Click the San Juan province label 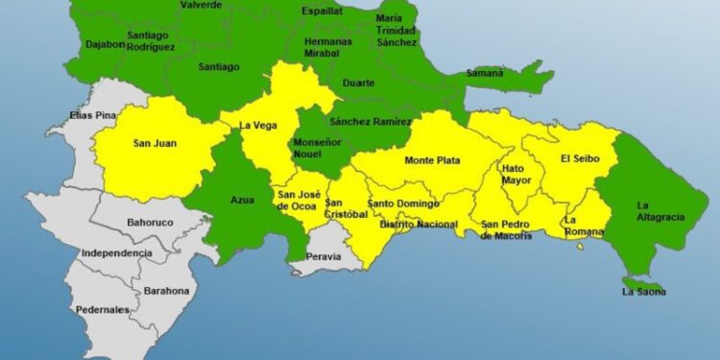[x=154, y=144]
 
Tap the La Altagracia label [x=660, y=210]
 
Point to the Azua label [x=242, y=200]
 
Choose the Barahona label [x=166, y=290]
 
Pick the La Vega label [x=257, y=125]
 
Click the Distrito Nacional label [x=419, y=225]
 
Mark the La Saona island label [x=643, y=291]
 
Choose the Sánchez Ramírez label [x=370, y=122]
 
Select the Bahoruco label [x=152, y=223]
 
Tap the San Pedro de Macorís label [x=507, y=229]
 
